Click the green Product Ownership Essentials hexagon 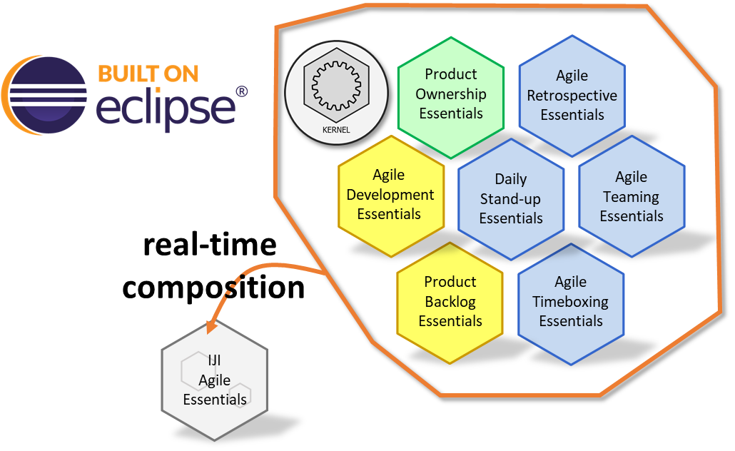tap(451, 98)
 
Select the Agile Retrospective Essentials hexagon tap(572, 96)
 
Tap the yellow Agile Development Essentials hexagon tap(391, 196)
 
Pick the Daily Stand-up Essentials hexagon tap(511, 199)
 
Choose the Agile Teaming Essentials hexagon tap(632, 196)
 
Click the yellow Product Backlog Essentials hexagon tap(450, 303)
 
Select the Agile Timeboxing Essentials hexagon tap(571, 304)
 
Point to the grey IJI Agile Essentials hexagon tap(215, 380)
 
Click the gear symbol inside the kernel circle tap(337, 86)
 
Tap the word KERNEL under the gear tap(336, 130)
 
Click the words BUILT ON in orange tap(148, 74)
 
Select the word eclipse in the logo tap(166, 109)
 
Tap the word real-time tap(210, 245)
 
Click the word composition tap(213, 287)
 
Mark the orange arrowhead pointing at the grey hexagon tap(213, 326)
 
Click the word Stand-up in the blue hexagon tap(510, 199)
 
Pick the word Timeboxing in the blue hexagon tap(570, 301)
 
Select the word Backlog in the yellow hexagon tap(450, 302)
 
